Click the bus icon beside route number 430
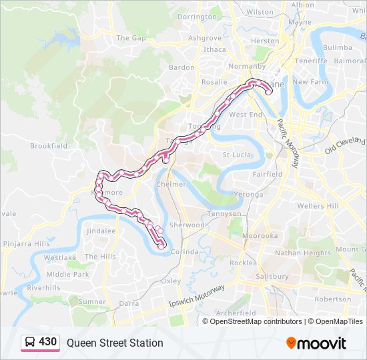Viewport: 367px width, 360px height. pos(30,343)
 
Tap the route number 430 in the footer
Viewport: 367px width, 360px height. pos(48,342)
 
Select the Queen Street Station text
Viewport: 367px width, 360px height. pos(115,343)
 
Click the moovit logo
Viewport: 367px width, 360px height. pos(316,343)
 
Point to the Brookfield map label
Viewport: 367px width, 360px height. pos(49,145)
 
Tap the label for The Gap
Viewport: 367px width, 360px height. pos(131,38)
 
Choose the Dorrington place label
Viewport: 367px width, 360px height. pos(198,17)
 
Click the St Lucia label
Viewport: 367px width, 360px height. pos(236,155)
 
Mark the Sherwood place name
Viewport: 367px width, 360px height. pos(187,225)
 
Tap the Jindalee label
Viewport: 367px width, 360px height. pos(101,231)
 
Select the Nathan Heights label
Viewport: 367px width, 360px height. pos(303,253)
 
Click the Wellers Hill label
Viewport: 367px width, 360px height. pos(318,206)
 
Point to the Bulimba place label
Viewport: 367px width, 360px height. pos(337,48)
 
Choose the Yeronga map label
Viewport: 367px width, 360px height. pos(250,194)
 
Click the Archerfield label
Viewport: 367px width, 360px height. pos(236,313)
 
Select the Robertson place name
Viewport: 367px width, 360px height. pos(332,299)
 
